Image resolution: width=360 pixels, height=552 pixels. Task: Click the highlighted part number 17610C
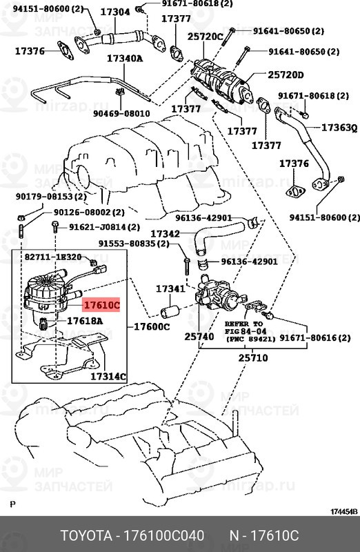pos(101,304)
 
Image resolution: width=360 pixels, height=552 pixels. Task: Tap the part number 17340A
pos(125,59)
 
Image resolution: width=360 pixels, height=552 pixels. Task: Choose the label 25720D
pos(286,74)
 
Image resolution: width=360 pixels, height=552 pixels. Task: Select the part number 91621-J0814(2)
pos(103,227)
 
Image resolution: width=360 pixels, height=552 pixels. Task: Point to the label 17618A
pos(85,321)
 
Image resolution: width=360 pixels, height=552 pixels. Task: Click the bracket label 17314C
pos(108,376)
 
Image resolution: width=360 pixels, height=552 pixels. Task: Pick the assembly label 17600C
pos(151,326)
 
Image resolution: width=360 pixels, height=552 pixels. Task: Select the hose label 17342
pos(166,234)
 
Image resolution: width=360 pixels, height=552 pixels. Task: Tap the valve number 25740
pos(199,336)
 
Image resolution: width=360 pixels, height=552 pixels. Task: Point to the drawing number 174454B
pos(343,511)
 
